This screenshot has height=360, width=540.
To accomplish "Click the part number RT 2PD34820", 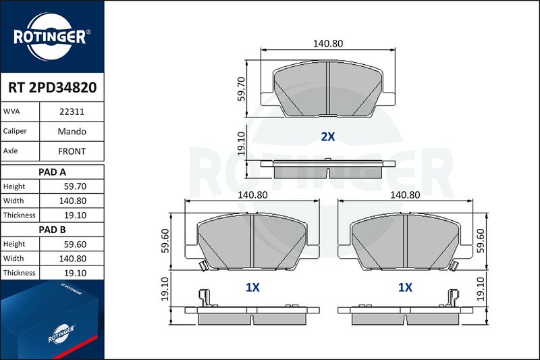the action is click(53, 88).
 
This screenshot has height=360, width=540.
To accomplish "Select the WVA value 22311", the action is click(72, 111).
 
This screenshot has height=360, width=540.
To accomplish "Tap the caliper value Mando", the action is click(72, 131).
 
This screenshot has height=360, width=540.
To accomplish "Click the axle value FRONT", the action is click(72, 151).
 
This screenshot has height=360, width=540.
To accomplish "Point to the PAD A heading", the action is click(52, 172).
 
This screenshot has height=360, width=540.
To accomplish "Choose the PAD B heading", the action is click(52, 230).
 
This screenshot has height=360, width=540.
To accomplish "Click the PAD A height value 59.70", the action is click(75, 186).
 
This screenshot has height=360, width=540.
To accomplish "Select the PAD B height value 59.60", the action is click(75, 245).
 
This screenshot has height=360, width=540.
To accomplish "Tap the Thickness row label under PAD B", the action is click(20, 273).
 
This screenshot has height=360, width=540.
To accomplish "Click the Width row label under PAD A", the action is click(13, 201).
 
